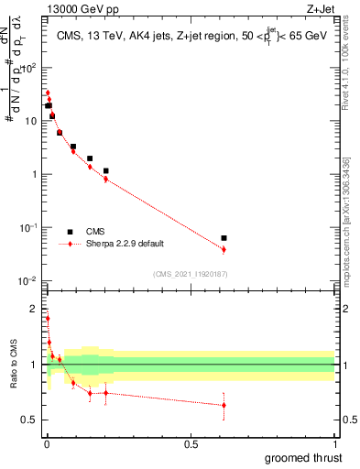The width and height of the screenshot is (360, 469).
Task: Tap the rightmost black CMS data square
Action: (x=224, y=238)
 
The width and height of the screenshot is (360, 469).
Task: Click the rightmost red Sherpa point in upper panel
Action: (x=224, y=249)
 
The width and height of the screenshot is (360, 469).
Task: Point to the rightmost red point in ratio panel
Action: (x=224, y=405)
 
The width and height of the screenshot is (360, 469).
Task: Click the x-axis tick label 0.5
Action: (x=191, y=443)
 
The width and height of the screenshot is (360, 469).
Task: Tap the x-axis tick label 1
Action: (x=335, y=443)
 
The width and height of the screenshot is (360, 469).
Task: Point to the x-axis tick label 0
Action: (x=46, y=443)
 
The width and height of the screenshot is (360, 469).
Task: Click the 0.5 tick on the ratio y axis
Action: (x=29, y=420)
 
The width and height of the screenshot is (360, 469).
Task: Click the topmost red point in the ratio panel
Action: (x=48, y=319)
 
